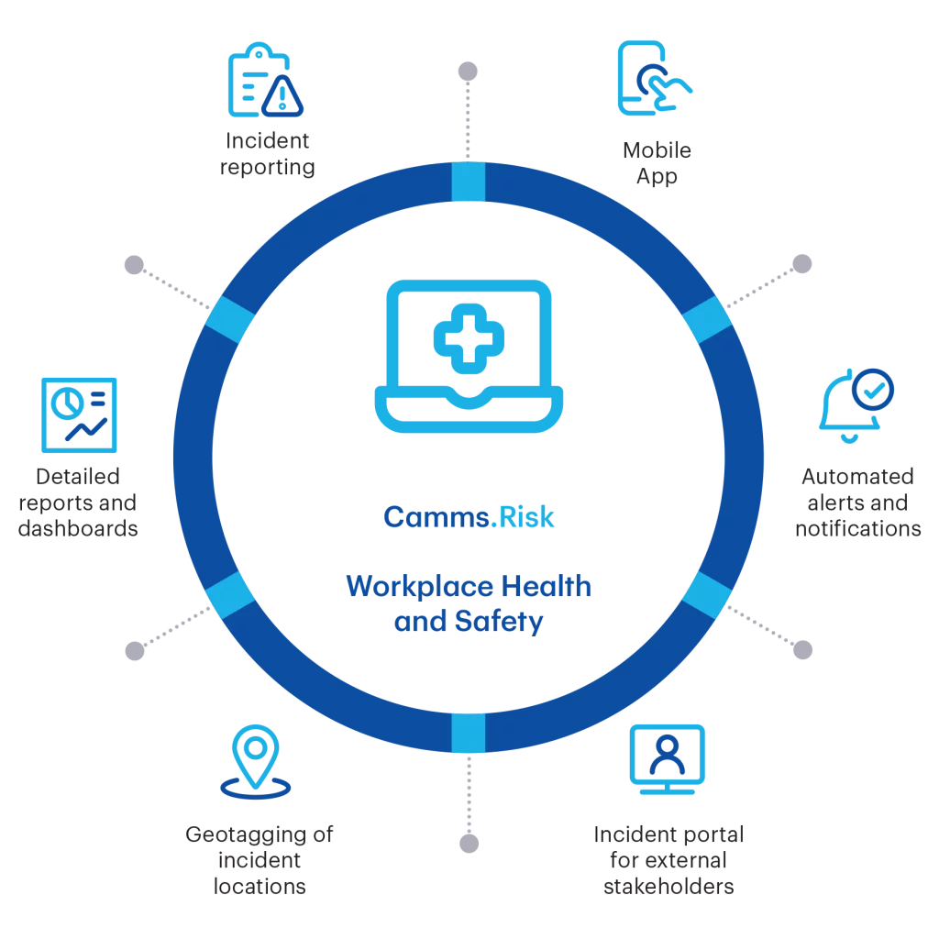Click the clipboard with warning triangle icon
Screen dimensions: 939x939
coord(264,81)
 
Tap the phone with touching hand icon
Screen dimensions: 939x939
coord(654,78)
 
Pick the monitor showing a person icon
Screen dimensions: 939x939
coord(667,754)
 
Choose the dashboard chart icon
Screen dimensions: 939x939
coord(78,414)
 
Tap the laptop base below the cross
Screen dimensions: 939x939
coord(469,411)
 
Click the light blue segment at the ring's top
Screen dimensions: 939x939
coord(469,182)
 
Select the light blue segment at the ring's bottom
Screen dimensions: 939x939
coord(469,735)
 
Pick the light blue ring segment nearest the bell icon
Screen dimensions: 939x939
coord(708,318)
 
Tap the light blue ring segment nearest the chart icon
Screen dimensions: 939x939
coord(229,318)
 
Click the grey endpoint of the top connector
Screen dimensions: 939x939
coord(469,68)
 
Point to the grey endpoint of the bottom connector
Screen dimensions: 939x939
coord(469,845)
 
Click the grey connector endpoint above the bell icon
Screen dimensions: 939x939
coord(802,261)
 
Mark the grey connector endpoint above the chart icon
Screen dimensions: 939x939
coord(132,261)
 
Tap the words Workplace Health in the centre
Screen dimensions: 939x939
coord(469,587)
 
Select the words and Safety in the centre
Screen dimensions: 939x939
coord(469,624)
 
